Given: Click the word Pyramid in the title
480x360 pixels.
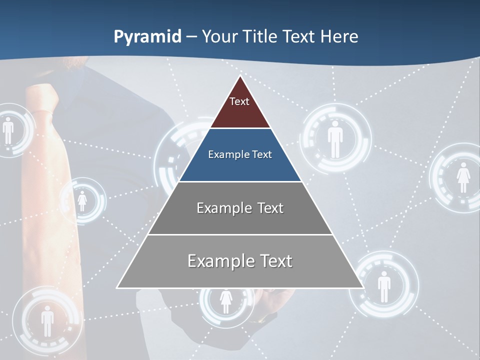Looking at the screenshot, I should tap(147, 37).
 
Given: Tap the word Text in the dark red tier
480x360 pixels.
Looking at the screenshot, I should tap(239, 101).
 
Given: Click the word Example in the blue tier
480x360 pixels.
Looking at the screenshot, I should tap(223, 155).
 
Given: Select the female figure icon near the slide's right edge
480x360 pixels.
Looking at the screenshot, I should tap(463, 177).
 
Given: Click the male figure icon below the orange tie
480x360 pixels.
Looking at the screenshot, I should tap(47, 320).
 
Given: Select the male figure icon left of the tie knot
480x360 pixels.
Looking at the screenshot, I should tap(8, 131).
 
